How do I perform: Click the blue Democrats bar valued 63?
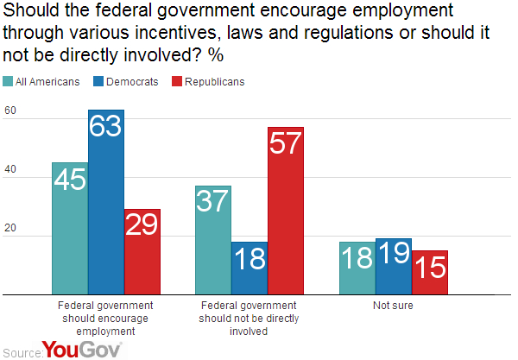106,202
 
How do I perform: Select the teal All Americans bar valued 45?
70,229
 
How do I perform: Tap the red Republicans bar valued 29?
142,252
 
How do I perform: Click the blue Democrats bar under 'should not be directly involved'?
250,268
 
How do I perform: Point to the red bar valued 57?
286,212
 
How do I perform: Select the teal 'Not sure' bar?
357,268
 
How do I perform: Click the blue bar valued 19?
394,267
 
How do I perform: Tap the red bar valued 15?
429,273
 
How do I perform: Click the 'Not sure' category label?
393,306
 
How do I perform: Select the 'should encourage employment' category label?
105,317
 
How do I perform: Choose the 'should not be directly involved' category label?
250,317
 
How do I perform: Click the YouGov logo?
82,349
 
